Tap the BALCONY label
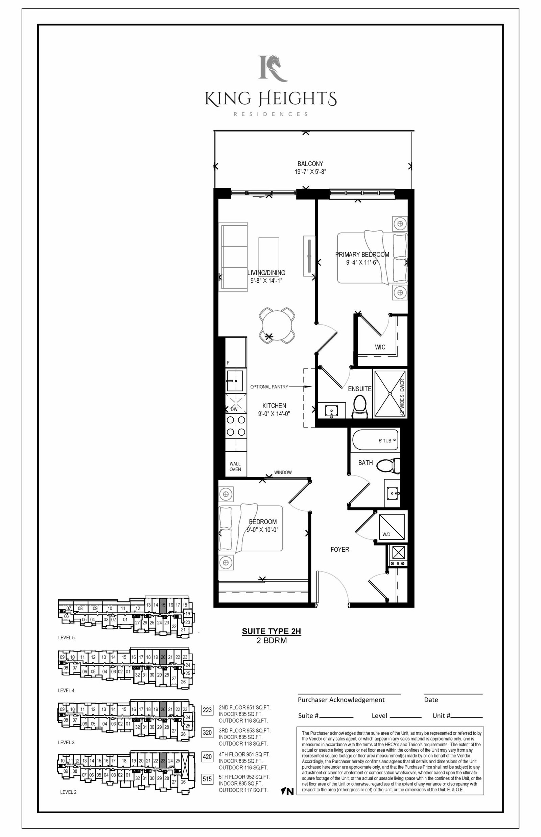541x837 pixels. click(x=310, y=164)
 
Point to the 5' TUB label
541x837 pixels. click(x=385, y=441)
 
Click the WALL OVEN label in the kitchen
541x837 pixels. click(x=235, y=466)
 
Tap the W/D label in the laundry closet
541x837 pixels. click(x=386, y=534)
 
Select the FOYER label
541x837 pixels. click(x=340, y=549)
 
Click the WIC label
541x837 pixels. click(x=380, y=347)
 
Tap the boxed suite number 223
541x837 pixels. click(x=207, y=710)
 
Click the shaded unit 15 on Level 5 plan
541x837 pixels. click(x=163, y=606)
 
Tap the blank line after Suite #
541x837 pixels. click(x=336, y=717)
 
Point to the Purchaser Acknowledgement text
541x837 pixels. click(x=341, y=700)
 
